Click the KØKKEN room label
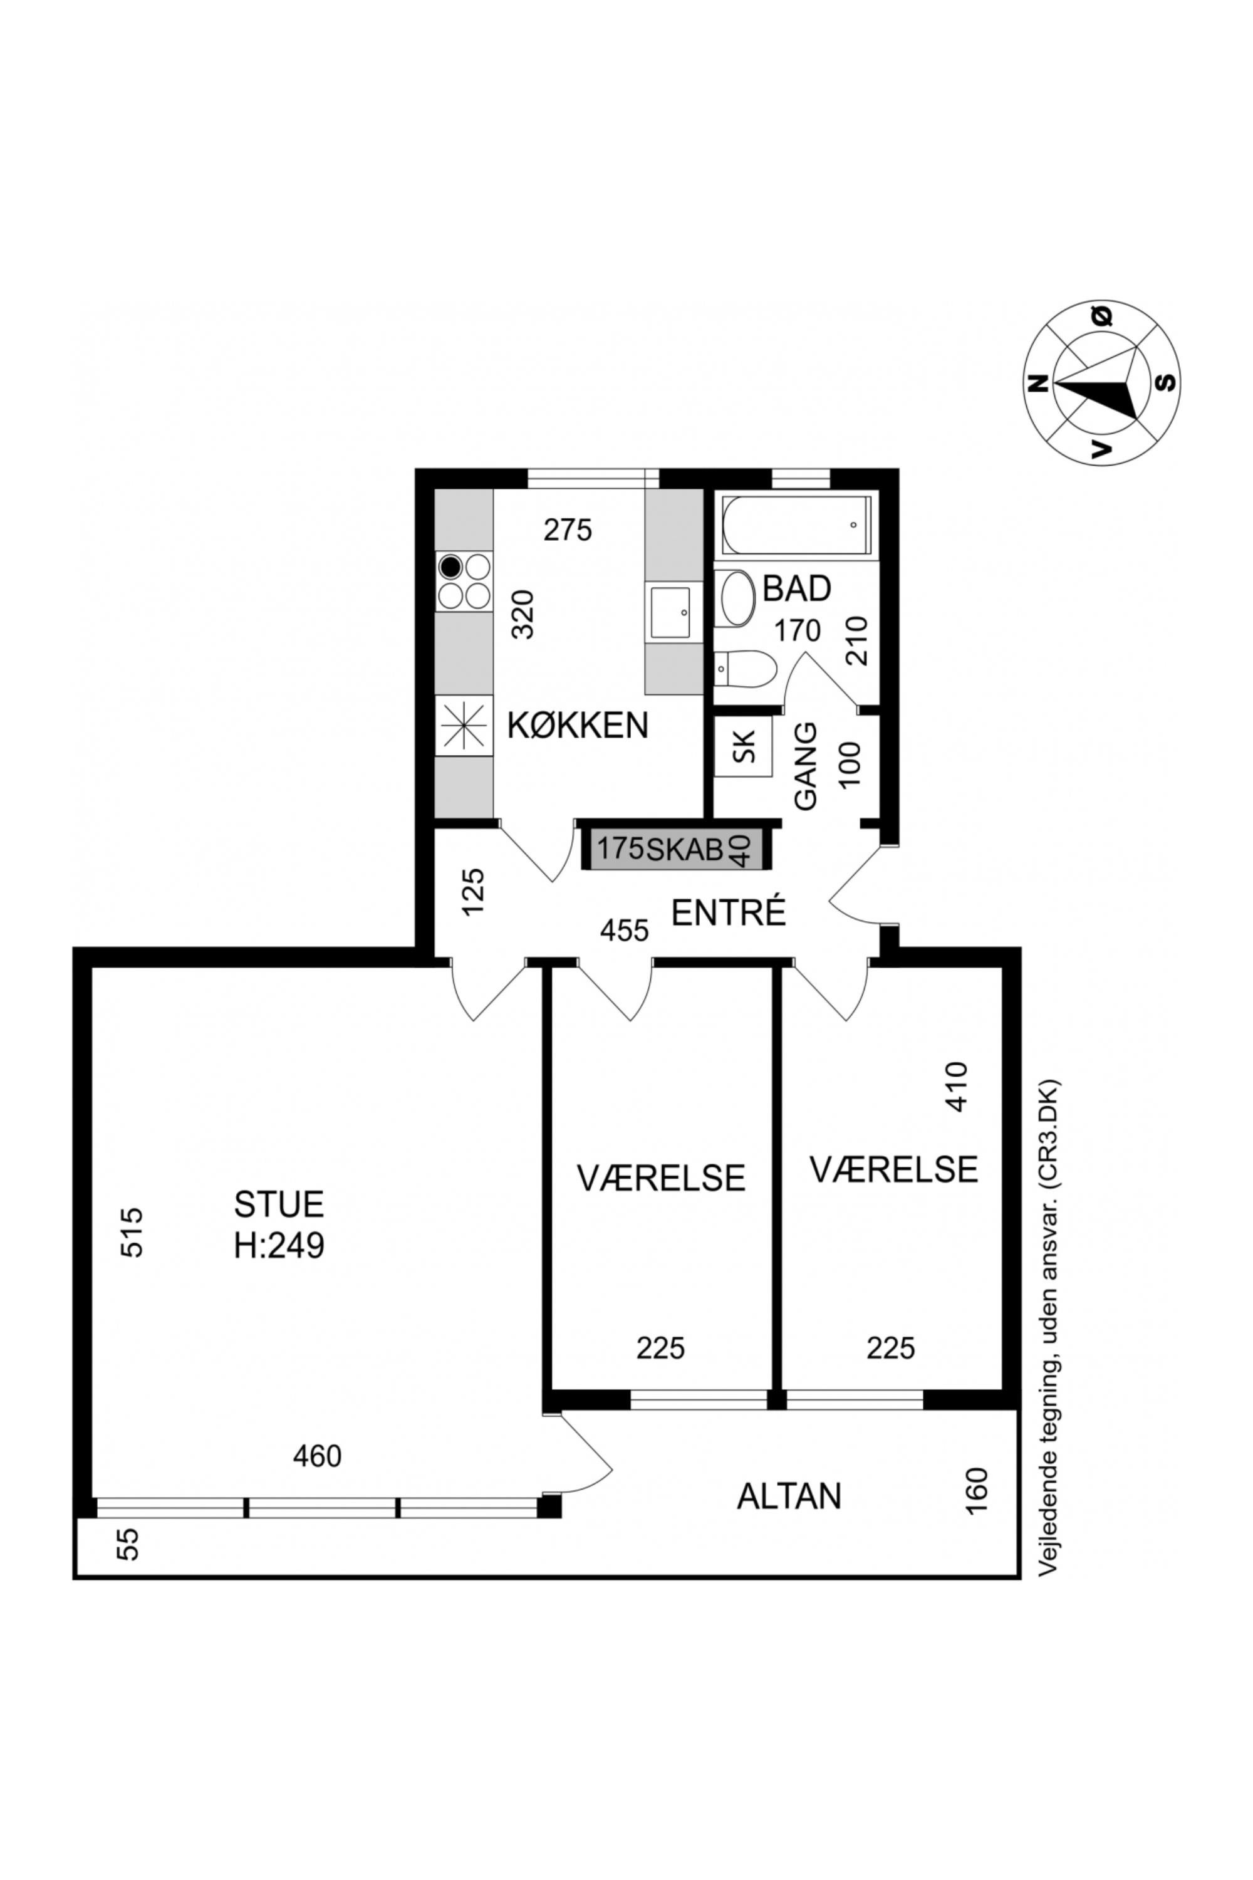click(x=578, y=726)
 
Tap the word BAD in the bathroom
click(x=797, y=589)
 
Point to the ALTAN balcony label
click(x=789, y=1496)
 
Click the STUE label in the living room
click(x=279, y=1204)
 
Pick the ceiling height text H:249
click(x=279, y=1245)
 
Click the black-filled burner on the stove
click(x=450, y=568)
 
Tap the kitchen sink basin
click(x=670, y=612)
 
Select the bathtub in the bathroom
click(x=796, y=525)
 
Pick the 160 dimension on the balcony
click(x=977, y=1491)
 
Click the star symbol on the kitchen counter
click(x=464, y=726)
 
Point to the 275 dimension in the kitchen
click(x=568, y=530)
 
